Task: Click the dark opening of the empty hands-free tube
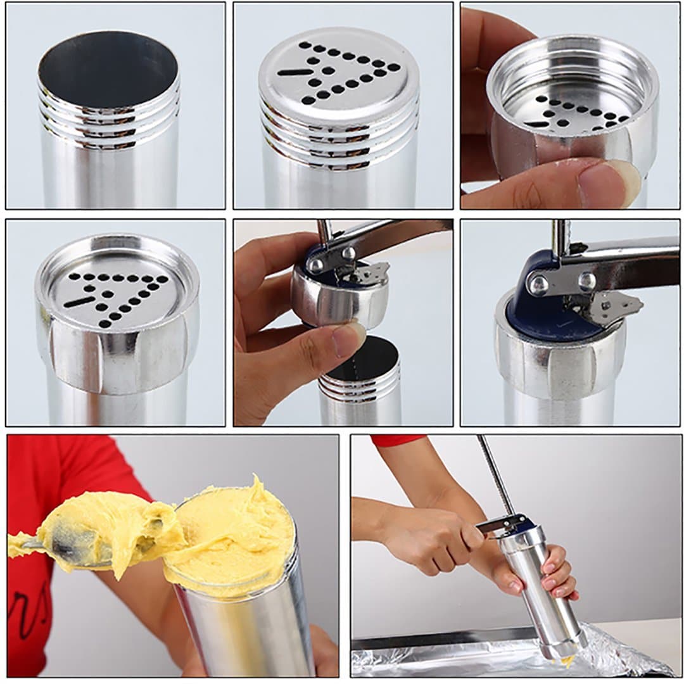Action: [x=108, y=70]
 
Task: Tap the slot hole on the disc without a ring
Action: [x=294, y=72]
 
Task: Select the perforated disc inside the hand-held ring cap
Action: [x=573, y=114]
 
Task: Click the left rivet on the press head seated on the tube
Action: [x=539, y=285]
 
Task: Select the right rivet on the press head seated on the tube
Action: [x=586, y=280]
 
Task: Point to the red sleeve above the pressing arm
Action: [x=396, y=440]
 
